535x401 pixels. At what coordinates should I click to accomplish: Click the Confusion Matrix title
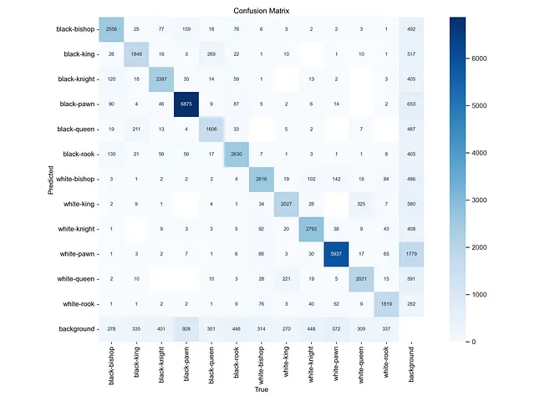pyautogui.click(x=262, y=8)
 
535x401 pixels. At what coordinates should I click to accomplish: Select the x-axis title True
pyautogui.click(x=261, y=390)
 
